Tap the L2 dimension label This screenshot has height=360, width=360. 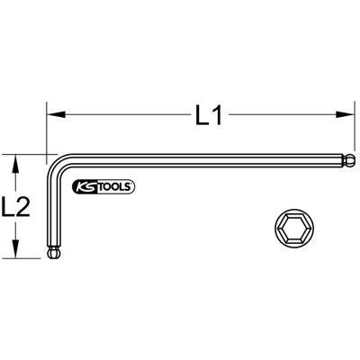tap(17, 209)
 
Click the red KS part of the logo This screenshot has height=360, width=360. tap(89, 186)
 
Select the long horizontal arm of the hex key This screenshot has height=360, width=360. tap(207, 162)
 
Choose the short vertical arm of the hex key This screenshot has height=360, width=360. tap(52, 216)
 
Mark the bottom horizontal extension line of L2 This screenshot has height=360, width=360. tap(27, 260)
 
